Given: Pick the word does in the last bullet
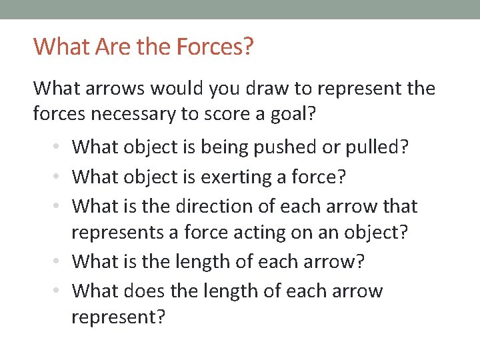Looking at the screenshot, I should pyautogui.click(x=145, y=291).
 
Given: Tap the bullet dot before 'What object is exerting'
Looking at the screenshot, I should pyautogui.click(x=60, y=178).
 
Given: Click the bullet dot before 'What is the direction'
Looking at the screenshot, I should pyautogui.click(x=60, y=207).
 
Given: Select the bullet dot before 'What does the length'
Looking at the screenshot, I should pyautogui.click(x=60, y=291).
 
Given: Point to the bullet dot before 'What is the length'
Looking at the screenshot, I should pyautogui.click(x=60, y=262).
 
